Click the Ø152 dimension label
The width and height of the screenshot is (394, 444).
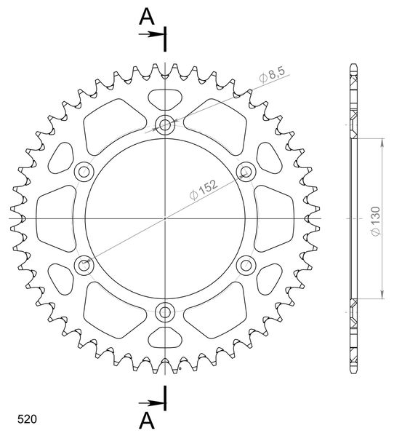click(204, 189)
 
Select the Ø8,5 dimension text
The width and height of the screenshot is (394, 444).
click(272, 74)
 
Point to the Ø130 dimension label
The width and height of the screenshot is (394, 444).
click(376, 221)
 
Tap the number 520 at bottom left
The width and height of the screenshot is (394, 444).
click(27, 419)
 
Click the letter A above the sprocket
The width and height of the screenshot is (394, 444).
click(147, 17)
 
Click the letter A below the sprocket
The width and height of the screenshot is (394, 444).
click(147, 421)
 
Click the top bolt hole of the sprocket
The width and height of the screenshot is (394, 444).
click(165, 124)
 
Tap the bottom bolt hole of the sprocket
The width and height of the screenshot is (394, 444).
click(165, 312)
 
